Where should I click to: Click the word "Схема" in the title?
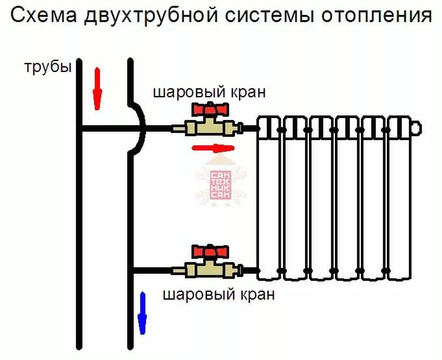click(x=45, y=16)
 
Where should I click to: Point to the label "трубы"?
click(x=47, y=67)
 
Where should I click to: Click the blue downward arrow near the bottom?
click(x=142, y=313)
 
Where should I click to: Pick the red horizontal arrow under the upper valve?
click(x=213, y=149)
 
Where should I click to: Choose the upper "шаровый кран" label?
click(x=209, y=92)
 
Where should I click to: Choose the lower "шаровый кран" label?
click(x=218, y=295)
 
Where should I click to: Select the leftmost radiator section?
click(x=269, y=198)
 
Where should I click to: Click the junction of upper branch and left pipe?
click(x=80, y=128)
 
